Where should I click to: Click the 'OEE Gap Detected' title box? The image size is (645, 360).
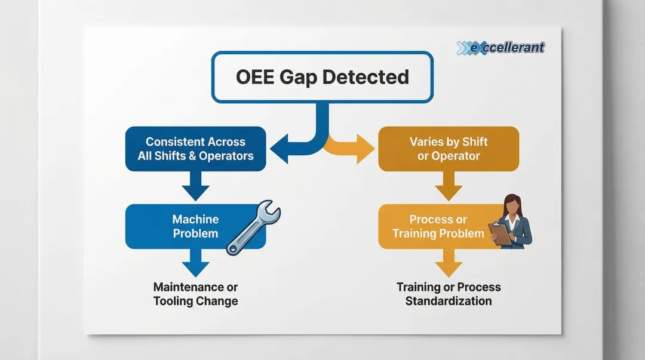pos(322,77)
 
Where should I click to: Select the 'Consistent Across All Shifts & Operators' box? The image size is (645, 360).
pos(195,149)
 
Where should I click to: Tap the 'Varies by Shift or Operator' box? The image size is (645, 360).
pos(448,149)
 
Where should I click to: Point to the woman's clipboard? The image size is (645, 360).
pos(500,233)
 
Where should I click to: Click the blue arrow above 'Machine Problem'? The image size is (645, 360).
pos(196,187)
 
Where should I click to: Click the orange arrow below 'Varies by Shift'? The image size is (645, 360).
pos(449,187)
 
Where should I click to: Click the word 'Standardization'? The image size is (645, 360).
pos(449,301)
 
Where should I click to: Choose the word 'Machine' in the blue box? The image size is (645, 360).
pos(195,219)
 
